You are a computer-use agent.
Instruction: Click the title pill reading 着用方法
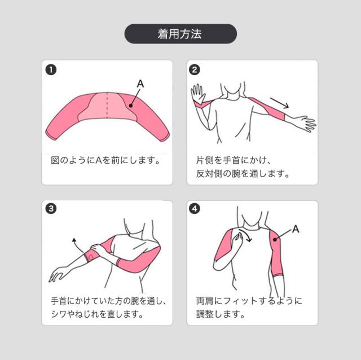pyautogui.click(x=180, y=34)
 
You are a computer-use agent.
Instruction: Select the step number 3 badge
pyautogui.click(x=51, y=209)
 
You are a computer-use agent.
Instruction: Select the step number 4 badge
pyautogui.click(x=195, y=209)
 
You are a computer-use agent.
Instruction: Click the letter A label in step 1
pyautogui.click(x=140, y=84)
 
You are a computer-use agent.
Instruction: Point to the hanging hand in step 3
pyautogui.click(x=57, y=274)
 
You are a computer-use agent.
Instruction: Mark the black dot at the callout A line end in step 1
pyautogui.click(x=129, y=104)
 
